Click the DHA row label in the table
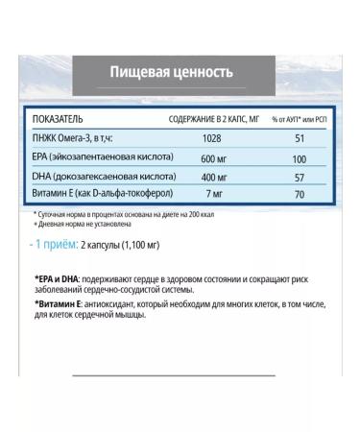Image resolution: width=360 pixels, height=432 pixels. pyautogui.click(x=104, y=174)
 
